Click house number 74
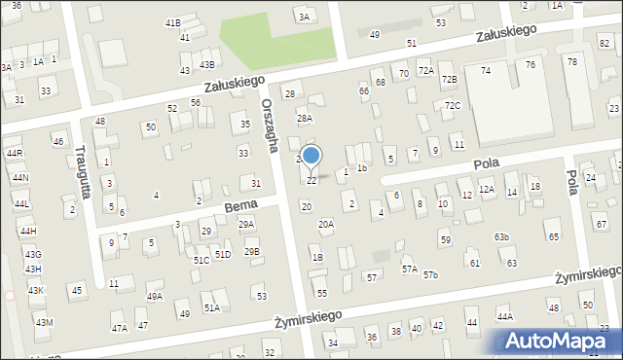click(486, 71)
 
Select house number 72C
click(453, 105)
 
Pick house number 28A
click(305, 118)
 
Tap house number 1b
click(361, 168)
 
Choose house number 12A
click(487, 190)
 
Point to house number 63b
click(501, 237)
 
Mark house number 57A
click(409, 269)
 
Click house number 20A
click(326, 224)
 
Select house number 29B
click(252, 252)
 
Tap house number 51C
click(202, 261)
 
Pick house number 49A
click(155, 296)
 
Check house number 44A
click(504, 316)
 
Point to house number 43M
click(44, 322)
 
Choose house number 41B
click(172, 22)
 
